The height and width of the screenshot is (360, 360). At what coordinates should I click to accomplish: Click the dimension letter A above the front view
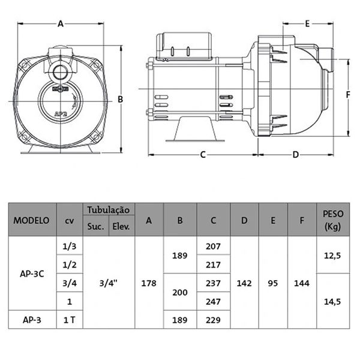coord(61,24)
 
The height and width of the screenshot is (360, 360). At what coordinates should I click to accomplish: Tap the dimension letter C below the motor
coord(203,155)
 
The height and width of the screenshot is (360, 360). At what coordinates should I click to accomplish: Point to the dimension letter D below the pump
coord(295,155)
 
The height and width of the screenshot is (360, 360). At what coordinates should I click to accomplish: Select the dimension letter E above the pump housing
coord(307,24)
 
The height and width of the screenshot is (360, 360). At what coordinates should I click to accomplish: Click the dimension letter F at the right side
coord(347,95)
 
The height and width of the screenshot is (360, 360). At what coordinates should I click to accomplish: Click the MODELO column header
coord(31,220)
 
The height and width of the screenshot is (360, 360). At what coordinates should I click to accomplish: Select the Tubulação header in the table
coord(109,209)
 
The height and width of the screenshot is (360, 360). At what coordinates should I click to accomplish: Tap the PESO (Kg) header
coord(333,220)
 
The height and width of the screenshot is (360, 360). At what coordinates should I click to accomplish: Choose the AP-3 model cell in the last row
coord(31,319)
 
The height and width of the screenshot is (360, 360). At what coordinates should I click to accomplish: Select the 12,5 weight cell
coord(333,255)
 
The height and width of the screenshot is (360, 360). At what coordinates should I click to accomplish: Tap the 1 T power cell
coord(69,319)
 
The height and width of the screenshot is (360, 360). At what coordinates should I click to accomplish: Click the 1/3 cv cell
coord(69,246)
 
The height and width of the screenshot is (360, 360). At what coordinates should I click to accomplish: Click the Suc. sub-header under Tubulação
coord(97,227)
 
